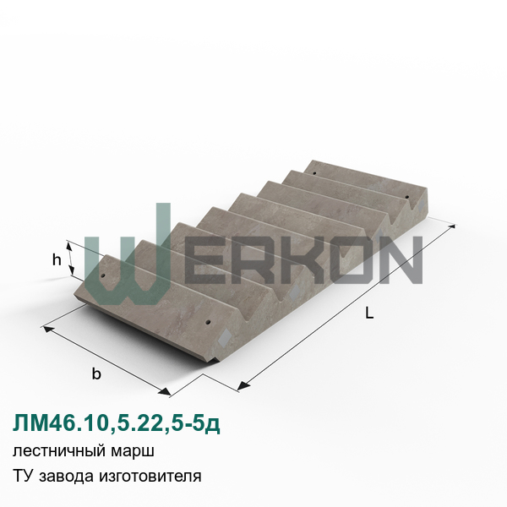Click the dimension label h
tap(57, 259)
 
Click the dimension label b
tap(96, 373)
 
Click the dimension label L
tap(369, 313)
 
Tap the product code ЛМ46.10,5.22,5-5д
tap(117, 423)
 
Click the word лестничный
tap(59, 451)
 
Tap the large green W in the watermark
tap(128, 254)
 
